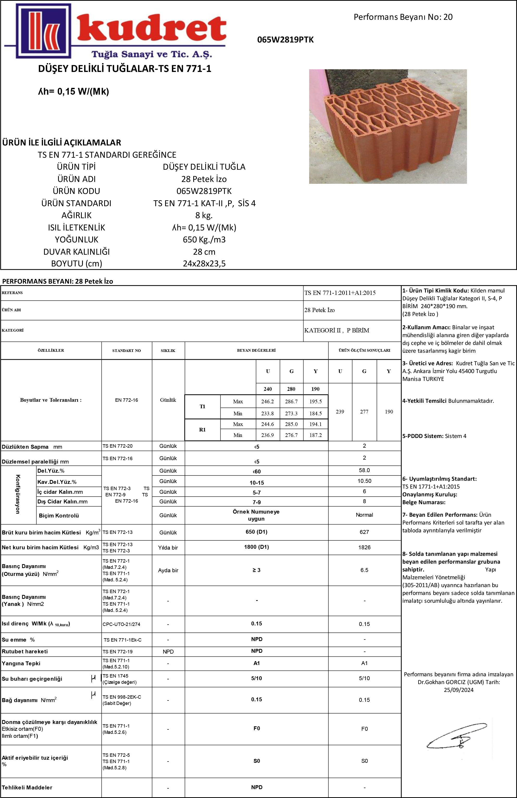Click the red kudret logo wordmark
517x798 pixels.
point(151,30)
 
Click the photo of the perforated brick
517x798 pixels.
point(388,126)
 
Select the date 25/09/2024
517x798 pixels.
point(458,690)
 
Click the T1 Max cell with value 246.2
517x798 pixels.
point(267,401)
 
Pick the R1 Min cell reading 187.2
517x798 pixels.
point(315,435)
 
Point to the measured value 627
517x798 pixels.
point(364,532)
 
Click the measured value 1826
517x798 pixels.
point(364,547)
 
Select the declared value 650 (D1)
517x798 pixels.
point(256,532)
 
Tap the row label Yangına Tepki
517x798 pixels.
point(21,663)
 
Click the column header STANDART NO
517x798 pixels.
point(126,350)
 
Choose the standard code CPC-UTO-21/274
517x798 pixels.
point(121,624)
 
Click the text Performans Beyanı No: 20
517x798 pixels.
point(403,17)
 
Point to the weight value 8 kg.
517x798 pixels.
point(204,215)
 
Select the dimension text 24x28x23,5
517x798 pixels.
point(204,264)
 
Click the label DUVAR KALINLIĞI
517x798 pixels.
point(76,252)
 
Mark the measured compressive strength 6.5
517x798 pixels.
point(364,570)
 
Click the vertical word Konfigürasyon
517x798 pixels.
point(18,494)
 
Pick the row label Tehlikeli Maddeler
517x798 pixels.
point(27,787)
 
